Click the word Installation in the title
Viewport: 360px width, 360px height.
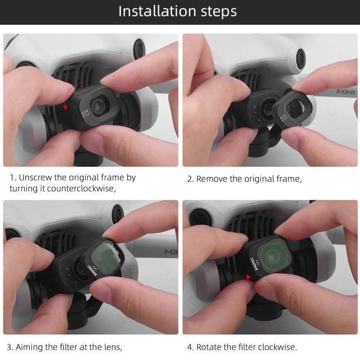point(157,11)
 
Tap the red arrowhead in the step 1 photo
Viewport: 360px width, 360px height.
point(65,107)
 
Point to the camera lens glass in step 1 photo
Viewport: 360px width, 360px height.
point(98,106)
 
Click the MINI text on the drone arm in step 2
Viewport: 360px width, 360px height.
point(346,92)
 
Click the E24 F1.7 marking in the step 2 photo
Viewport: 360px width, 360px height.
point(284,117)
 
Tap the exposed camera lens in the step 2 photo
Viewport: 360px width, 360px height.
point(267,108)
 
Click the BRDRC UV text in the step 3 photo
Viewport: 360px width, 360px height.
point(93,270)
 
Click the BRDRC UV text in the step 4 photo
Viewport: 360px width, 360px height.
point(255,264)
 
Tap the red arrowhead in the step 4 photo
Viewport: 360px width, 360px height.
point(248,277)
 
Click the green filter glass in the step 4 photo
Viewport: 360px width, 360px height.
point(273,254)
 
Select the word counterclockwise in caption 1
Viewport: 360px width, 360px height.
point(81,189)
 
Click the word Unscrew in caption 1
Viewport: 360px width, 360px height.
point(36,177)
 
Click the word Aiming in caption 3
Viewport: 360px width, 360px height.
point(29,347)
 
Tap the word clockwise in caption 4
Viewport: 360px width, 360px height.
point(278,347)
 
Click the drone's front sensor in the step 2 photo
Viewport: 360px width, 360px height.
point(301,58)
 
